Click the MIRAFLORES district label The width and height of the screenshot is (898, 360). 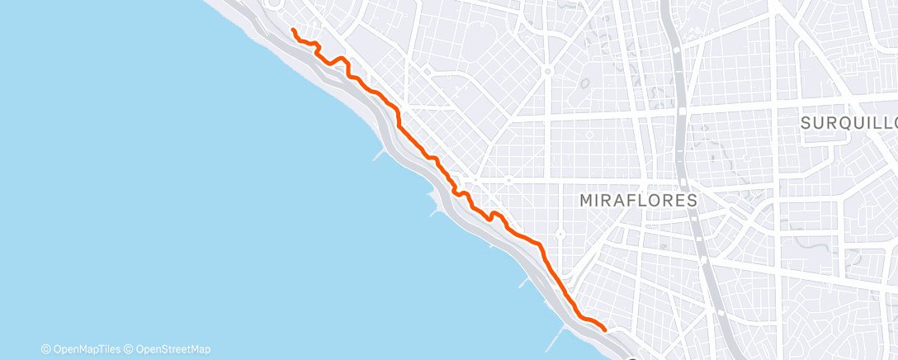[638, 201]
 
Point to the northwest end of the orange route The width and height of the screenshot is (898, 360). [294, 30]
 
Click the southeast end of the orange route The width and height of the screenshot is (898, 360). [606, 329]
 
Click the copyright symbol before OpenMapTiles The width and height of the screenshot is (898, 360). [46, 349]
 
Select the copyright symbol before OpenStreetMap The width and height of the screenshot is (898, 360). [130, 349]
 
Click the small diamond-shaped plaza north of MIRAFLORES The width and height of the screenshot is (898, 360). [589, 134]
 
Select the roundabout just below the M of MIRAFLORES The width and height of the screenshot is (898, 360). [560, 234]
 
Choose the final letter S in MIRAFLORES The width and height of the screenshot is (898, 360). [692, 201]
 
